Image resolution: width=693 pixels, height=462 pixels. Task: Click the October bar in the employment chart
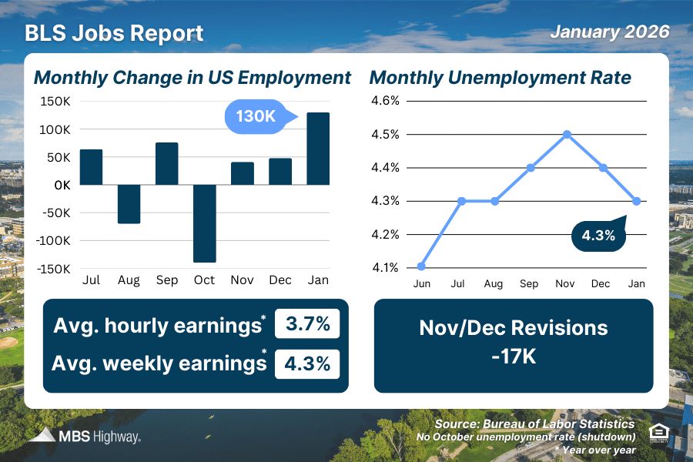[x=204, y=223]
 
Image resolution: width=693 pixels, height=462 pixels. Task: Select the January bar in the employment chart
[x=318, y=149]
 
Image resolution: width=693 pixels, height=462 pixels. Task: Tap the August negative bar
[x=129, y=204]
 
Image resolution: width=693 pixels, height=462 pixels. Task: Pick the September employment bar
[x=166, y=164]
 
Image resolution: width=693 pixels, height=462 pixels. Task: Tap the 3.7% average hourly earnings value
[x=307, y=325]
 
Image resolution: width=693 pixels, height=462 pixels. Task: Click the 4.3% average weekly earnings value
[x=307, y=363]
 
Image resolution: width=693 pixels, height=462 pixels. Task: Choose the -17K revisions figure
[x=514, y=357]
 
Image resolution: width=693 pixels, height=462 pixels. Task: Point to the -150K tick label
[x=55, y=269]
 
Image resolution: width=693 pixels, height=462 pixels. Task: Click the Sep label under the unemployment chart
[x=529, y=283]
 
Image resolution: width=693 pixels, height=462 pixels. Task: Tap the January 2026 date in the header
[x=609, y=32]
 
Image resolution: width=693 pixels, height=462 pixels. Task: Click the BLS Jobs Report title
[x=114, y=34]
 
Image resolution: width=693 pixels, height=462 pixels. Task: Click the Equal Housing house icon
[x=658, y=432]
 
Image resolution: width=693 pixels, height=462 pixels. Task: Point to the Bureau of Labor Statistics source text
[x=556, y=424]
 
